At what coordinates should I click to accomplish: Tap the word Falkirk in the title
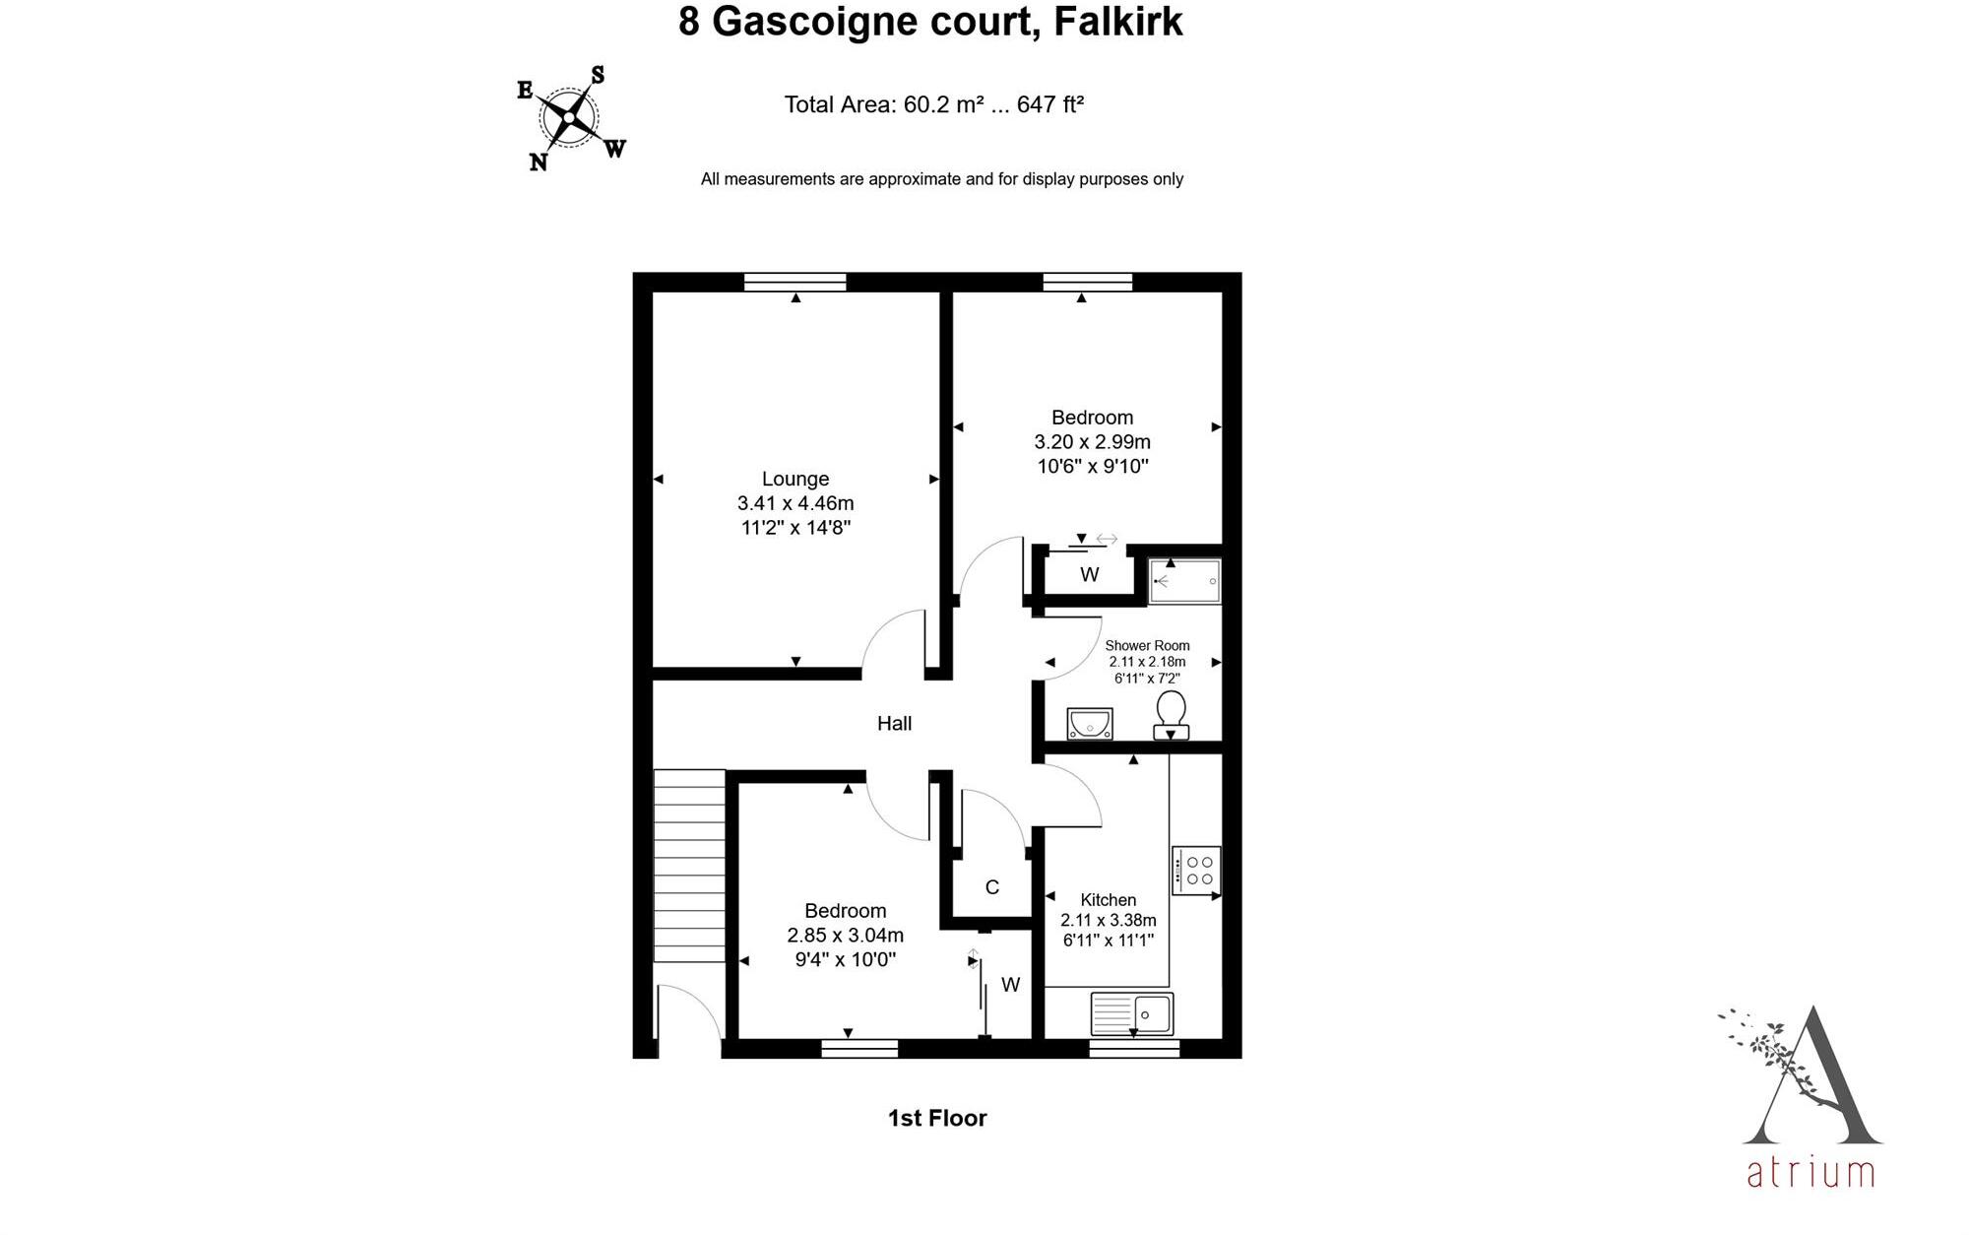click(x=1117, y=22)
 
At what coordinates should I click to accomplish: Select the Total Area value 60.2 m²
click(x=943, y=104)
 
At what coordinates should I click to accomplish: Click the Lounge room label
click(x=795, y=479)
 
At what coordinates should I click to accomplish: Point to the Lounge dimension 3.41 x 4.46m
click(x=795, y=503)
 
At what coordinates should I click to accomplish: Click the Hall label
click(x=894, y=724)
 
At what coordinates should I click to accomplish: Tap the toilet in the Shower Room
click(x=1171, y=714)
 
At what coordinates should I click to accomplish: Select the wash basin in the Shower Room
click(x=1089, y=724)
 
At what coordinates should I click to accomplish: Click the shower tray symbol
click(x=1185, y=582)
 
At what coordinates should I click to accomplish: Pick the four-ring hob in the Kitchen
click(x=1197, y=871)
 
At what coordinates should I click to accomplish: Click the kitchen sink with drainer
click(x=1132, y=1013)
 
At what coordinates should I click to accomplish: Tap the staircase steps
click(x=690, y=867)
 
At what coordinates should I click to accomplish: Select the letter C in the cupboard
click(x=992, y=887)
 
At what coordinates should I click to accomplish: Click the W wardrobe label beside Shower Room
click(x=1089, y=575)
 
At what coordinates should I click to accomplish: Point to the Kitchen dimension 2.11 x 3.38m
click(x=1109, y=921)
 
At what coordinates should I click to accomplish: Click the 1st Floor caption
click(x=937, y=1118)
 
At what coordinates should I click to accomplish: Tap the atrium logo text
click(x=1810, y=1173)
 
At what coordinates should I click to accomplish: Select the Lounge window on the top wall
click(x=795, y=283)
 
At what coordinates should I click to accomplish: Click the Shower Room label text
click(x=1147, y=646)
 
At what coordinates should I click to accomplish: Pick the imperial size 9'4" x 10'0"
click(x=845, y=959)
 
